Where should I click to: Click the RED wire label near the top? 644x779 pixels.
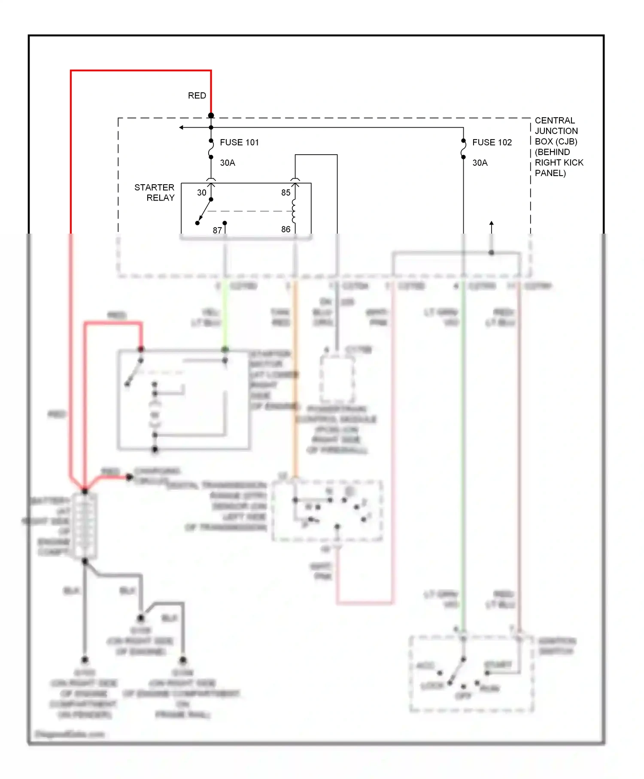(x=197, y=95)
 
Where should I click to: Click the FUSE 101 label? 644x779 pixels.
(x=239, y=142)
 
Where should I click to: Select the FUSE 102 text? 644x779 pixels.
(x=492, y=142)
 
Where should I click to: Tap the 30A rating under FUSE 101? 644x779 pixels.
(x=228, y=163)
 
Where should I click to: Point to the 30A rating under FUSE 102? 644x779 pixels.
(x=480, y=163)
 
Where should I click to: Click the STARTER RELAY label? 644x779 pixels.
(x=155, y=192)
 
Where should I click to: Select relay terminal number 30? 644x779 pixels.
(x=202, y=193)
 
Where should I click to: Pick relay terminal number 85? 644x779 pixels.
(x=286, y=193)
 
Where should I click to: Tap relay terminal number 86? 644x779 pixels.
(x=286, y=229)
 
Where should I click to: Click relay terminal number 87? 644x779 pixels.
(x=217, y=231)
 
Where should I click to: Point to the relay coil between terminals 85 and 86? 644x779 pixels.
(x=294, y=211)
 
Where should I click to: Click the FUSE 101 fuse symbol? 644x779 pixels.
(x=211, y=149)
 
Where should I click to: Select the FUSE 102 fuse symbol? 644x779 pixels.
(x=463, y=149)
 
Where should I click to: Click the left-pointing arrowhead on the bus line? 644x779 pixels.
(x=182, y=128)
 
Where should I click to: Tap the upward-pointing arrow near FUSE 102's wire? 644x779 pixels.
(x=492, y=224)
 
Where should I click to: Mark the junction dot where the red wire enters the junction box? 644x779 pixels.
(x=211, y=116)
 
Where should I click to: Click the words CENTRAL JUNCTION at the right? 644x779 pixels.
(x=556, y=125)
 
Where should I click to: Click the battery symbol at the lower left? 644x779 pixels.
(x=85, y=526)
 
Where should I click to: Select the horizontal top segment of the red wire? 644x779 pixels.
(x=141, y=70)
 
